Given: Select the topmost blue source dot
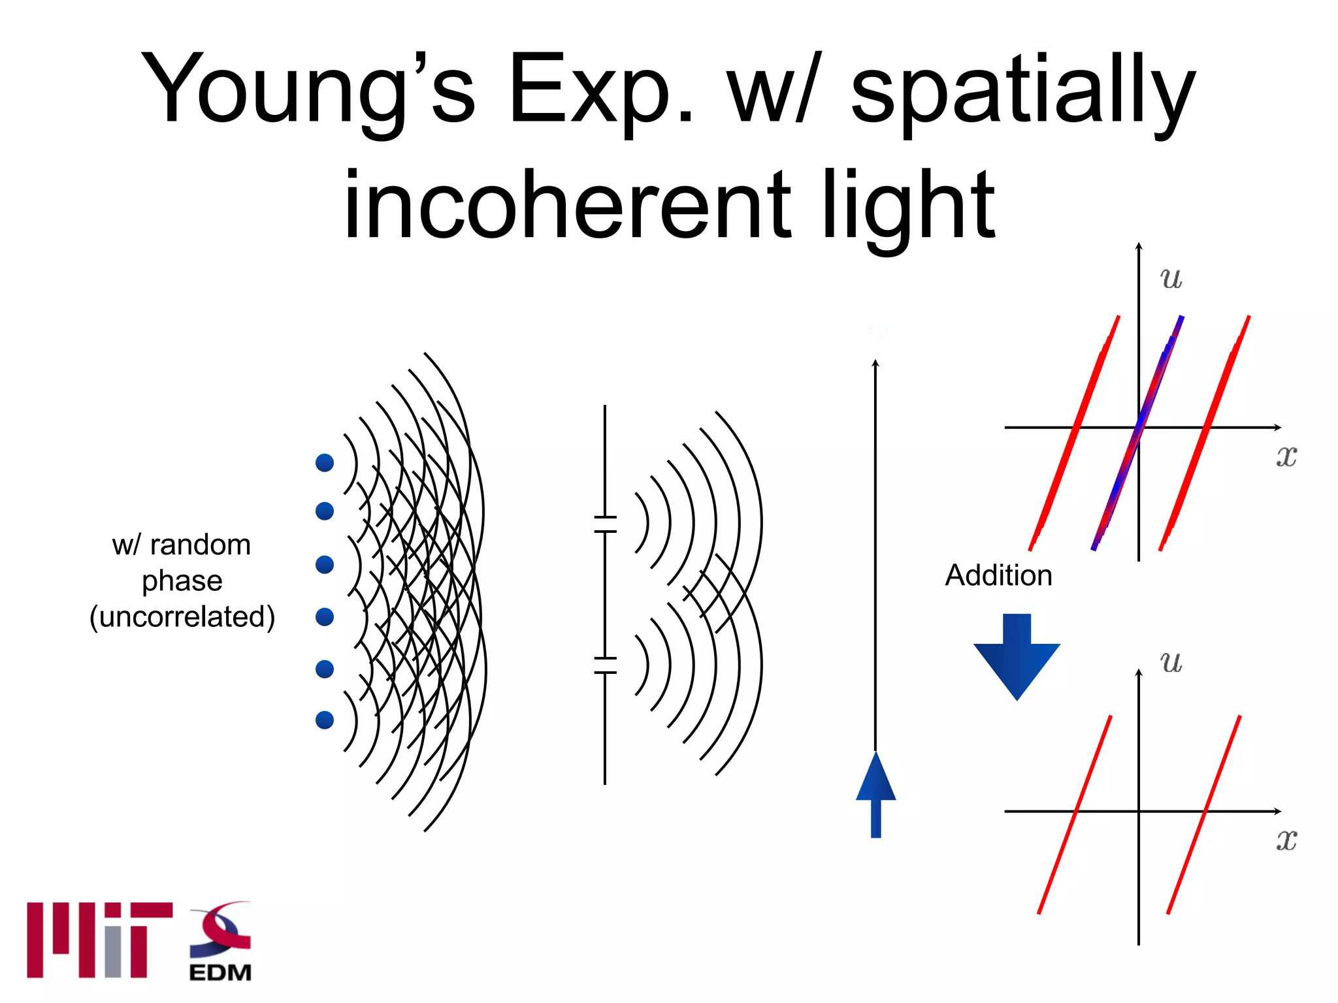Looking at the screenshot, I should (x=325, y=462).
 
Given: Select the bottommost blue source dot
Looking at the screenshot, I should (x=325, y=720).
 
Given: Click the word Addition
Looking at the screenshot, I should (x=998, y=575).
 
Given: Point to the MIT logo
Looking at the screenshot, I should (x=99, y=940).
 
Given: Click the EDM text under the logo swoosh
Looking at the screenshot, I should (x=220, y=972).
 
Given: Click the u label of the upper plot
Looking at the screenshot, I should (x=1171, y=278).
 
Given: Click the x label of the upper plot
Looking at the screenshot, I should (x=1286, y=455).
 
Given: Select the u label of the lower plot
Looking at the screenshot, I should (x=1171, y=661).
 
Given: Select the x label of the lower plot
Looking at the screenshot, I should (x=1286, y=839).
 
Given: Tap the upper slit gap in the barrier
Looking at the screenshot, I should (x=605, y=524).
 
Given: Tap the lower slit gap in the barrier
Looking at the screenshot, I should (x=605, y=665).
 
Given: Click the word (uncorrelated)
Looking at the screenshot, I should (x=182, y=616).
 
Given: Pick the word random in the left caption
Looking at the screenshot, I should (x=200, y=545).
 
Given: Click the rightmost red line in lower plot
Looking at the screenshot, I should (x=1204, y=814).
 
